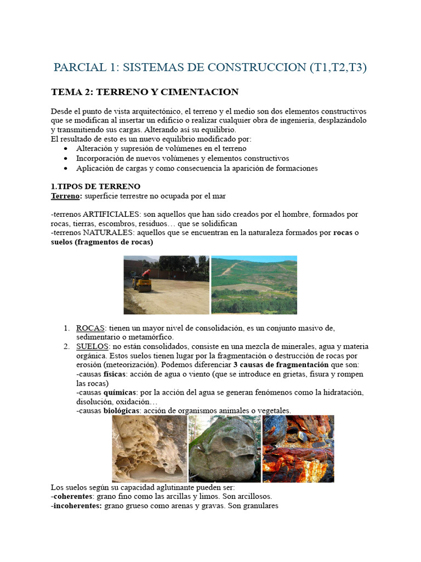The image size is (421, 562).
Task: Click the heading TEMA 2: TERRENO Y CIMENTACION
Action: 145,92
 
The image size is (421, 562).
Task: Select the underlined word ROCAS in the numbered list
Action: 90,328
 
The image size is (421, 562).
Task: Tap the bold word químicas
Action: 121,393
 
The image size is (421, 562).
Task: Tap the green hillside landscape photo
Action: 254,285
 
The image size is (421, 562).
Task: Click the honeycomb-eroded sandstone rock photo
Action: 149,449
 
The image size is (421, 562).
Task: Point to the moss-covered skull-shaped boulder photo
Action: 224,449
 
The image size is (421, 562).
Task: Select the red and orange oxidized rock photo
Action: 298,449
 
